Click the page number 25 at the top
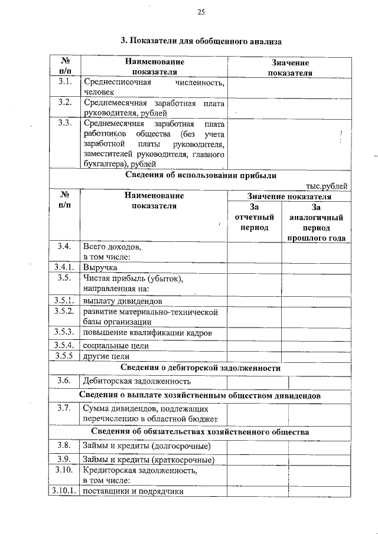click(201, 12)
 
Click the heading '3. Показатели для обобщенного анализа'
click(201, 41)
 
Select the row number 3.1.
click(65, 82)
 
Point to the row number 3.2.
click(65, 103)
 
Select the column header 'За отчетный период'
click(255, 217)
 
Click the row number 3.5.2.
click(63, 311)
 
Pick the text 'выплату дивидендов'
click(119, 300)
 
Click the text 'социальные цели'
click(115, 345)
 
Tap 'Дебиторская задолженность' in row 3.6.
click(137, 381)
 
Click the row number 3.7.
click(65, 407)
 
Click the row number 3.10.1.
click(63, 490)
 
